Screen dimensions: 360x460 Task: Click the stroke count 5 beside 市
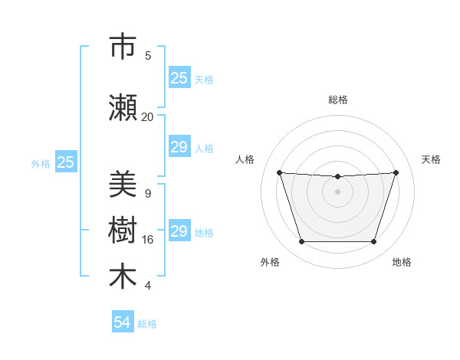(148, 55)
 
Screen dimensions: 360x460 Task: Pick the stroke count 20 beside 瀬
(147, 116)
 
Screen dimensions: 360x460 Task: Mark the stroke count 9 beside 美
(148, 194)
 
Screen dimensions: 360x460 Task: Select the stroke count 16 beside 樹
(147, 240)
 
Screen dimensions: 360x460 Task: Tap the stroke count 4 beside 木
(148, 286)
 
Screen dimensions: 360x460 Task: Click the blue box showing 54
(123, 323)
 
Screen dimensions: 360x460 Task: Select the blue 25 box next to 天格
(179, 78)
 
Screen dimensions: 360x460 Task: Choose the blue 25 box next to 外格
(66, 162)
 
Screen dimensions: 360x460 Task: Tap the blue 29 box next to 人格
(179, 147)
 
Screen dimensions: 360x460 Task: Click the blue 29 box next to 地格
(179, 231)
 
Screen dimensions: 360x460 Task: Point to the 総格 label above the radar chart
(338, 100)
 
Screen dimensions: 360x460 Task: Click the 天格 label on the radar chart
(432, 159)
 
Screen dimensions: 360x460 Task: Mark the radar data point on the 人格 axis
(279, 172)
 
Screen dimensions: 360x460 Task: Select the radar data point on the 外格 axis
(301, 242)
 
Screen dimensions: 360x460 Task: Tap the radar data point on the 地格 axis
(373, 242)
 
